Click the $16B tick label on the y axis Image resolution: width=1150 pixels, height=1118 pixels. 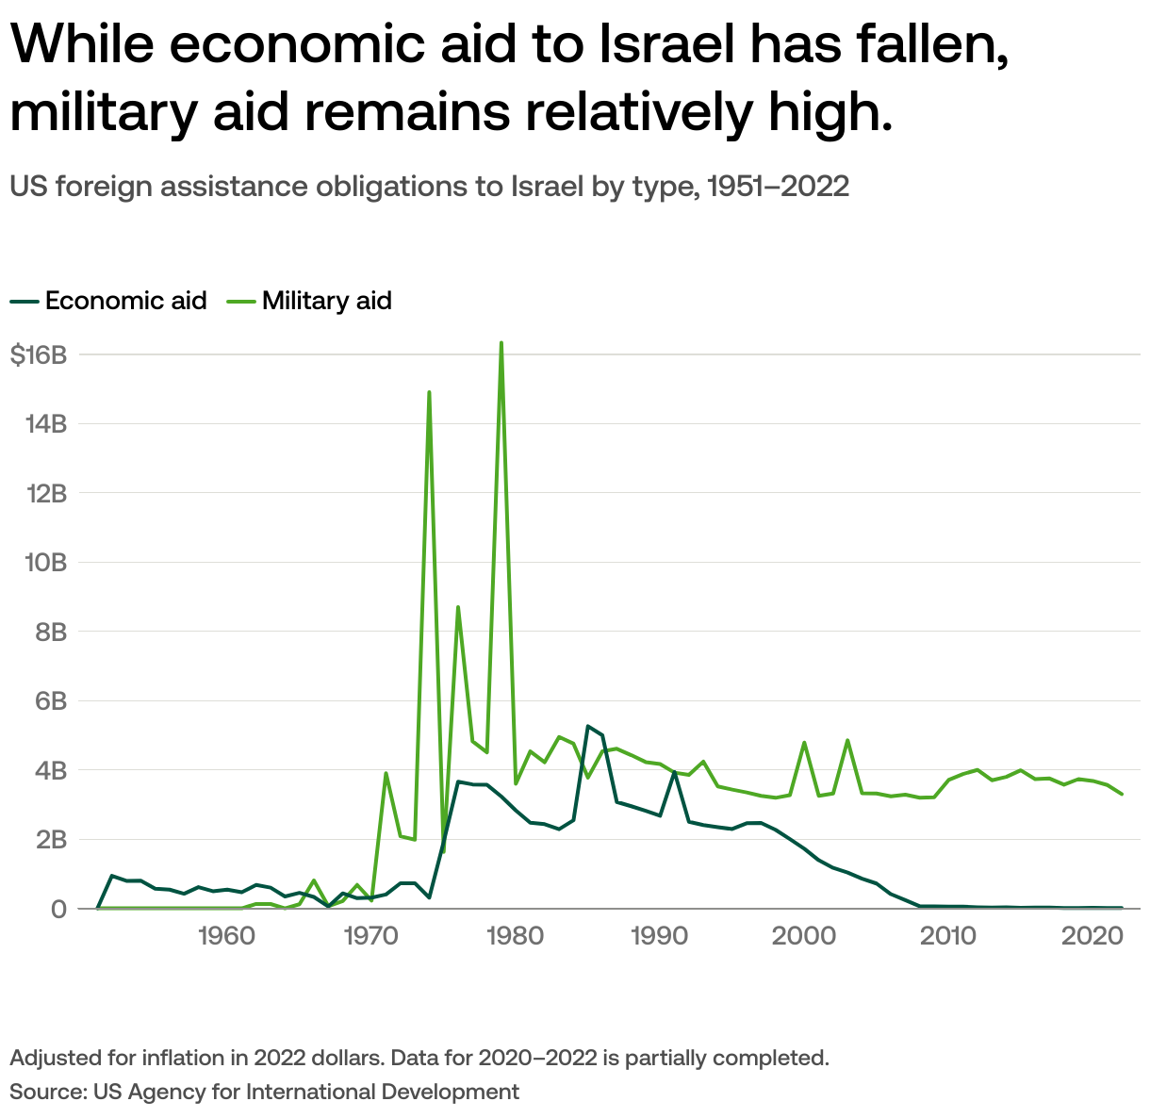coord(38,355)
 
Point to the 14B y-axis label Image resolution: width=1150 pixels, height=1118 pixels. coord(44,424)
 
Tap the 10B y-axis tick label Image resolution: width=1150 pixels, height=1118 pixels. coord(44,563)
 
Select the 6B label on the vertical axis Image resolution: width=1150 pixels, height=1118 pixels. coord(51,701)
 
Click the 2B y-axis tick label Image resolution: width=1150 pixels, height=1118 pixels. coord(51,840)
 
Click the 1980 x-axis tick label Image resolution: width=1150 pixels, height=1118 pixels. coord(516,937)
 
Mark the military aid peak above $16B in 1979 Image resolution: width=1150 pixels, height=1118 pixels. coord(501,343)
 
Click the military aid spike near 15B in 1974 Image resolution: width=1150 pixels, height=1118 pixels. coord(429,392)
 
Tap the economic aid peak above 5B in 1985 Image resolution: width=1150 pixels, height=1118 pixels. coord(587,726)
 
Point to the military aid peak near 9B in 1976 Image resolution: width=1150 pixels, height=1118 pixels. coord(458,607)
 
